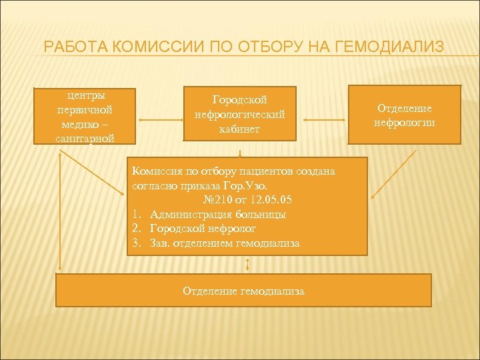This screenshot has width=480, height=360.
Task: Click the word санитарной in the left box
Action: pos(85,138)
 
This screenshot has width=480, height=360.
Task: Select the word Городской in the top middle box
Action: pos(239,100)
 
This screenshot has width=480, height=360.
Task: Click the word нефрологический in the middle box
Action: pos(239,115)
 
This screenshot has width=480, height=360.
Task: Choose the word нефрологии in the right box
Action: pos(405,122)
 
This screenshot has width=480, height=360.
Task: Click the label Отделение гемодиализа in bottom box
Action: pos(244,291)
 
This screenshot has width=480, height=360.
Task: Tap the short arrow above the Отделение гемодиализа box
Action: pos(247,265)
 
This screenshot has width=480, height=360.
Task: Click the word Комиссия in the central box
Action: pos(153,171)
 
